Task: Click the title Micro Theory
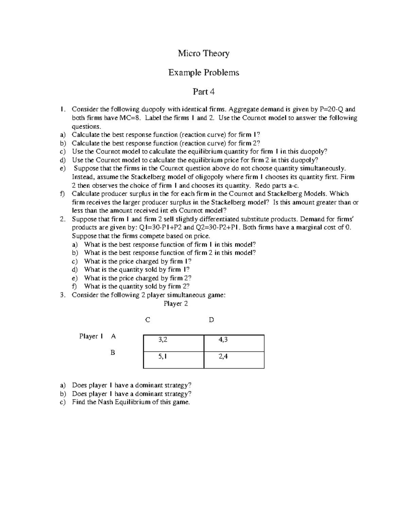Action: point(204,53)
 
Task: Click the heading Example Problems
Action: point(204,72)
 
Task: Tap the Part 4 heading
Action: point(204,91)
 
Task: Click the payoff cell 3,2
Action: point(163,340)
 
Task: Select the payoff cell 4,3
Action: point(223,340)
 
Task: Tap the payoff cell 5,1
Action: point(163,357)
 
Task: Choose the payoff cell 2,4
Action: point(223,357)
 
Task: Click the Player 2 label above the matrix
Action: point(175,304)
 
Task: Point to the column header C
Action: point(147,320)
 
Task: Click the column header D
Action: point(211,320)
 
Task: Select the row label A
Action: point(113,336)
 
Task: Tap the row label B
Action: point(113,353)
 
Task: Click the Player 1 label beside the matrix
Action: point(91,336)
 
